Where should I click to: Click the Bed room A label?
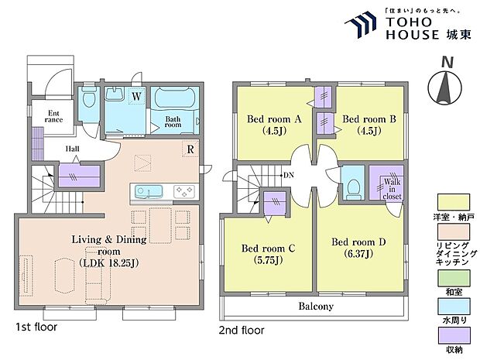[274, 118]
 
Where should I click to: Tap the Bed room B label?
[369, 118]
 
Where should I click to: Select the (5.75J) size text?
[268, 260]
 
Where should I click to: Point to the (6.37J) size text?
[358, 254]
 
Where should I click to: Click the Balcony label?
[316, 306]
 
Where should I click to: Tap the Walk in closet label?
[392, 189]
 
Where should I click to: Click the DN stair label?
[289, 176]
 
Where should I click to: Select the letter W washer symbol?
[136, 97]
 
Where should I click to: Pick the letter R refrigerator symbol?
[190, 149]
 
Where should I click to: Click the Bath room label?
[173, 122]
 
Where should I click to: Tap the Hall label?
[73, 149]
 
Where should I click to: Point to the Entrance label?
[53, 117]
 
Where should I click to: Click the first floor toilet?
[89, 98]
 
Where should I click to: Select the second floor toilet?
[354, 187]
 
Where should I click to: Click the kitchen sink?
[149, 191]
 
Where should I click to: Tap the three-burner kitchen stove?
[184, 191]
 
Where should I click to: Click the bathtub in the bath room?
[175, 98]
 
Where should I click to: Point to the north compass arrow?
[445, 87]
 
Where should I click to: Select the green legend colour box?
[454, 278]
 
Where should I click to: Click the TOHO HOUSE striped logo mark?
[362, 23]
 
